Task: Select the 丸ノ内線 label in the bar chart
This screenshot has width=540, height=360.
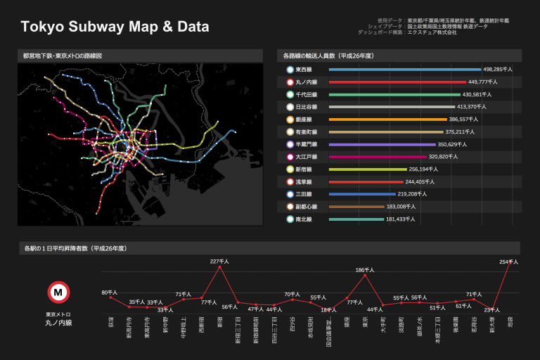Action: pos(307,82)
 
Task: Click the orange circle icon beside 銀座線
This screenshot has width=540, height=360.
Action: pos(290,120)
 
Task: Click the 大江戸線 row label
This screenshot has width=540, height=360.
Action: pos(307,157)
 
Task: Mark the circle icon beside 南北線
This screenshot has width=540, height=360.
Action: pos(290,219)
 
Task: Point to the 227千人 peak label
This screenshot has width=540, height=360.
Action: pos(220,262)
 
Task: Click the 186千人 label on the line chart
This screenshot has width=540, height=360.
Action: pos(365,270)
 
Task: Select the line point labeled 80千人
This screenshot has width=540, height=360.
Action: pos(110,297)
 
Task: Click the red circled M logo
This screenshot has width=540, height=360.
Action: pos(58,292)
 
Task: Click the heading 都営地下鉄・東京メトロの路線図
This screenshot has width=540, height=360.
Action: pos(63,56)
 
